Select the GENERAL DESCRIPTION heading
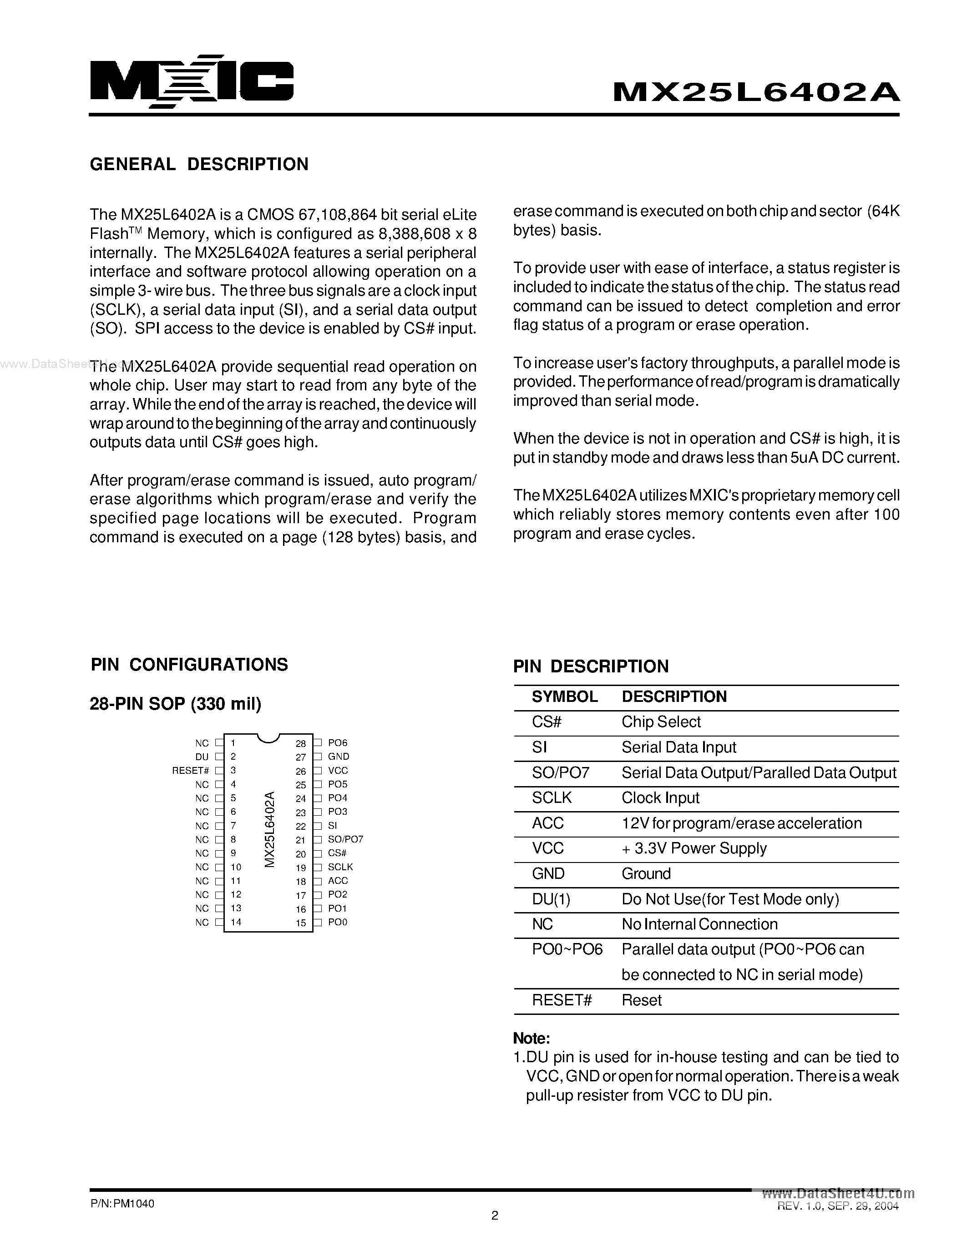tap(199, 164)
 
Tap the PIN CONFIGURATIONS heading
tap(189, 665)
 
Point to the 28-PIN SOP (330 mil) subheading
tap(175, 703)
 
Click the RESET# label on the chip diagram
tap(190, 771)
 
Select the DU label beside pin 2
tap(202, 757)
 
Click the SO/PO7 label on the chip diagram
tap(345, 839)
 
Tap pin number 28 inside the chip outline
tap(301, 743)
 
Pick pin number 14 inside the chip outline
tap(236, 922)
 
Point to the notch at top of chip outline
tap(268, 738)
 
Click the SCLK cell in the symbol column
tap(551, 798)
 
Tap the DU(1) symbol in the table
tap(551, 899)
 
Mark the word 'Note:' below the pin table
tap(531, 1039)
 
